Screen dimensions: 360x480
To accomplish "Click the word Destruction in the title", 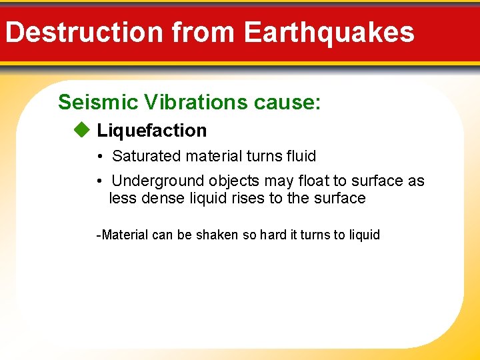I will coord(84,32).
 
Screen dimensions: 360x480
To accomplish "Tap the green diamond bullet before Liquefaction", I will coord(81,130).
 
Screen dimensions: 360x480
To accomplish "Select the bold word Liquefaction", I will coord(152,131).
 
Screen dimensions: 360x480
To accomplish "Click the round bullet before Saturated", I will coord(98,157).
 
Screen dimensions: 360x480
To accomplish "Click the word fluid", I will coord(300,156).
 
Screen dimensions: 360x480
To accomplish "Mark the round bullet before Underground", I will coord(98,181).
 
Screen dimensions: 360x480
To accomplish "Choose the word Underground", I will coord(158,181).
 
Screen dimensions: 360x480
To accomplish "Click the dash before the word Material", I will coord(99,235).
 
